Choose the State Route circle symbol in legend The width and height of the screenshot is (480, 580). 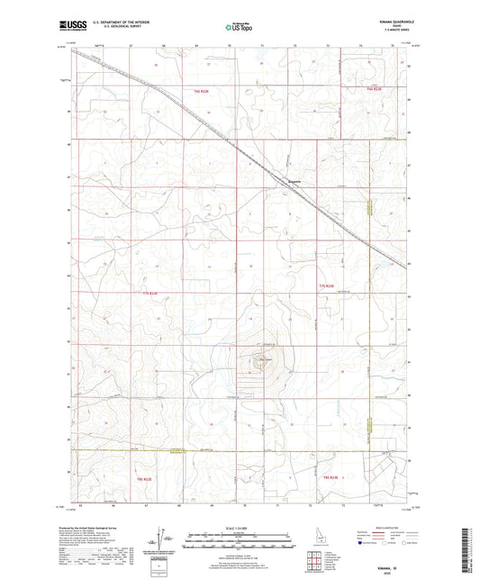[x=420, y=543]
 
